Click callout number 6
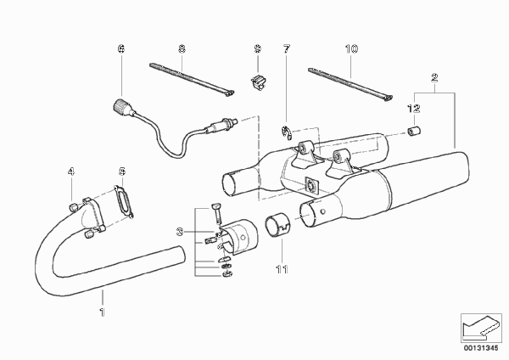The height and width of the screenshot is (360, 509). pyautogui.click(x=120, y=48)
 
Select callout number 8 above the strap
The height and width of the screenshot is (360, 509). pyautogui.click(x=182, y=48)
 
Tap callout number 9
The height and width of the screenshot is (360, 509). pyautogui.click(x=257, y=48)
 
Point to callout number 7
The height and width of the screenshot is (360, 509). pyautogui.click(x=286, y=48)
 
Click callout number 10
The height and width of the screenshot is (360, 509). pyautogui.click(x=351, y=48)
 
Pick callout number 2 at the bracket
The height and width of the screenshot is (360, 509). pyautogui.click(x=434, y=77)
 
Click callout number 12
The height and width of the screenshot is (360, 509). pyautogui.click(x=414, y=108)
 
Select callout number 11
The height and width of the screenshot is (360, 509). pyautogui.click(x=282, y=269)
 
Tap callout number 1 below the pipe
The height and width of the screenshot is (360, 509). pyautogui.click(x=103, y=312)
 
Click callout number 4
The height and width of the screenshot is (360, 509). pyautogui.click(x=70, y=172)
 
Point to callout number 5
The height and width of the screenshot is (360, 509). pyautogui.click(x=121, y=172)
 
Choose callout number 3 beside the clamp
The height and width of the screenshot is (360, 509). pyautogui.click(x=180, y=232)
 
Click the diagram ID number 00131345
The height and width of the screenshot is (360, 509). pyautogui.click(x=481, y=348)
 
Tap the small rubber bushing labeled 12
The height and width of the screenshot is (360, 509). pyautogui.click(x=414, y=132)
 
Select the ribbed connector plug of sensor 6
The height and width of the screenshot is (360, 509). pyautogui.click(x=120, y=107)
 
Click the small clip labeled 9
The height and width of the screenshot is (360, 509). pyautogui.click(x=257, y=82)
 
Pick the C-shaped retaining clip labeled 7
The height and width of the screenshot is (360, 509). pyautogui.click(x=286, y=132)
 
